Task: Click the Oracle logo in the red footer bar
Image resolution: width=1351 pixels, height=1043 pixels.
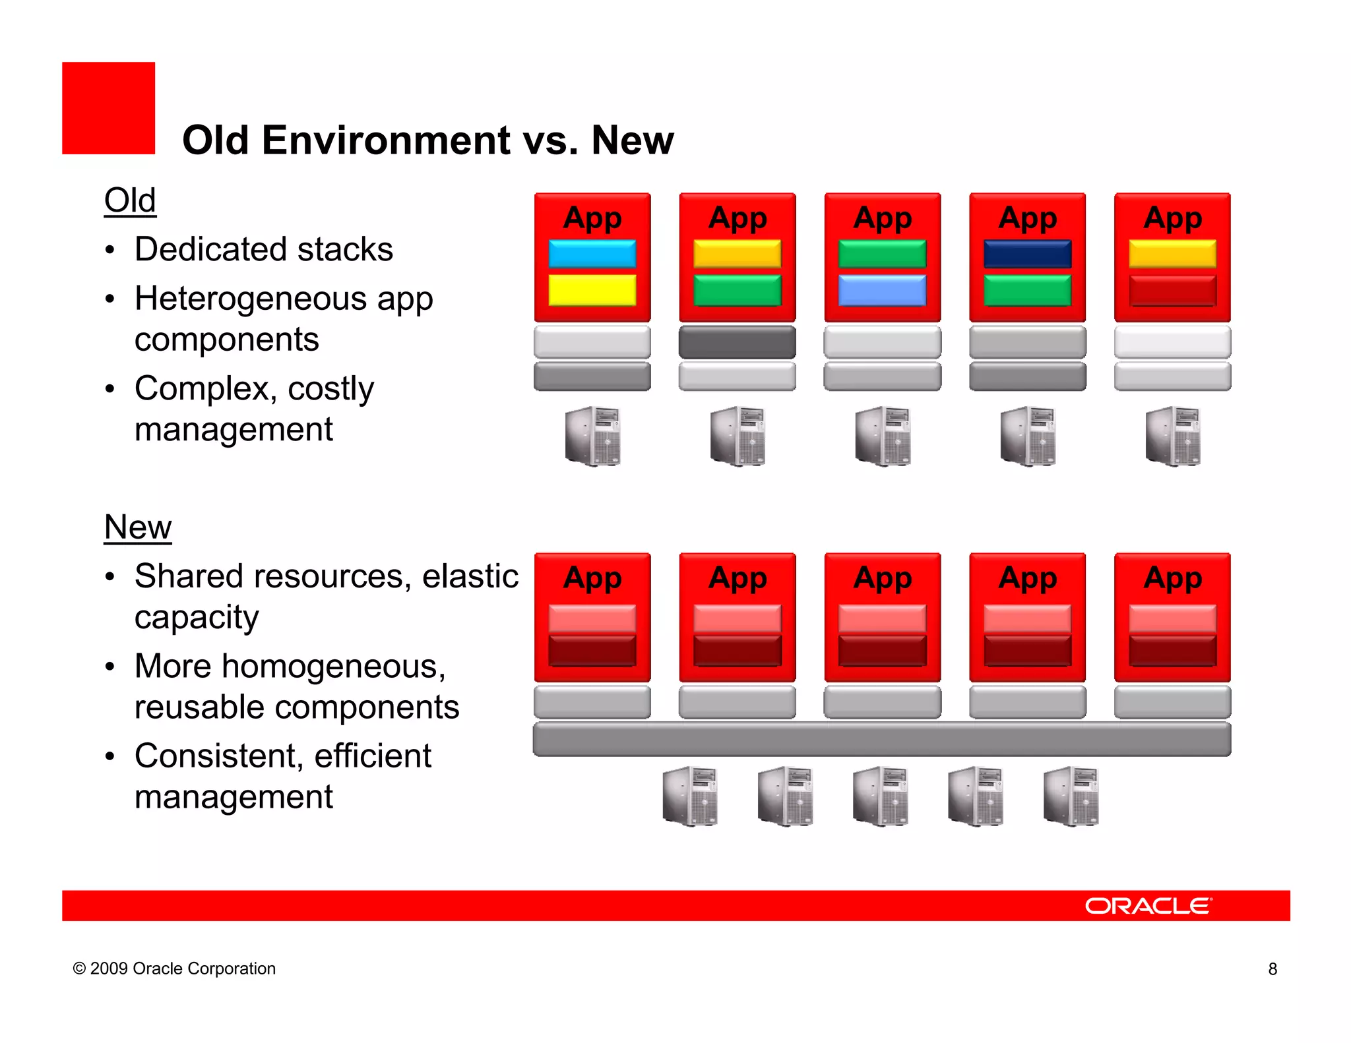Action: (x=1148, y=905)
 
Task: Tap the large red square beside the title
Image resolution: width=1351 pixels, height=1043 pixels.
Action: (x=108, y=108)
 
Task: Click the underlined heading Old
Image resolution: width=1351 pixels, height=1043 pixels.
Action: (x=130, y=200)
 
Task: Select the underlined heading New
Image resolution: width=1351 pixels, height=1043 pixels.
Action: (x=137, y=527)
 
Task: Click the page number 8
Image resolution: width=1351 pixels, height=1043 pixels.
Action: (x=1272, y=968)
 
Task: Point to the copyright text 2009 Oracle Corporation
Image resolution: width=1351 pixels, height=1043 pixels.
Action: (x=174, y=968)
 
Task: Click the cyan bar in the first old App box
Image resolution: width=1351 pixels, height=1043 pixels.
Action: (x=592, y=254)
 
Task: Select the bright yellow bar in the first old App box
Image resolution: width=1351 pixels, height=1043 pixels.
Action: (x=592, y=290)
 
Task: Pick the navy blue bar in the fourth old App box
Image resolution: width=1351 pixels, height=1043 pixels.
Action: (x=1027, y=254)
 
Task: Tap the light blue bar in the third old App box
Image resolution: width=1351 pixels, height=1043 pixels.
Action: (x=882, y=290)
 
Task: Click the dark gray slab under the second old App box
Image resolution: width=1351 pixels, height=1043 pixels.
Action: (x=737, y=342)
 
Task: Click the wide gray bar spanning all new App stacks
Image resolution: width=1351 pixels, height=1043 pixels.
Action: (x=881, y=739)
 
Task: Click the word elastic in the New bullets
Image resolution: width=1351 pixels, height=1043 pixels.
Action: (x=470, y=576)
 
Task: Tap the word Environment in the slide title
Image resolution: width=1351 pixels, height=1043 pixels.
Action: (x=385, y=140)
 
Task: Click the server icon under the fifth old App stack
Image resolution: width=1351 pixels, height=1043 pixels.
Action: (x=1172, y=436)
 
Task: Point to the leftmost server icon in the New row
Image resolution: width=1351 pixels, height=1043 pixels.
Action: (x=689, y=796)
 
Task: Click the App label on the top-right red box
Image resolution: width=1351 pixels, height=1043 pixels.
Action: (x=1172, y=218)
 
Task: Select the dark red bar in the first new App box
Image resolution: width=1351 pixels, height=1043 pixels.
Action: (x=592, y=651)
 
